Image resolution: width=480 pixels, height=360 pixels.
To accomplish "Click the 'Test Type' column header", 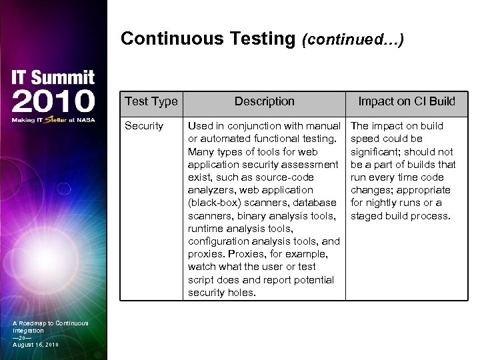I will click(151, 101).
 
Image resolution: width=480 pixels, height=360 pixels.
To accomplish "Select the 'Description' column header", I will click(264, 101).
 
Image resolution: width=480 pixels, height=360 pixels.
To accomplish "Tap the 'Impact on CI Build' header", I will click(407, 101).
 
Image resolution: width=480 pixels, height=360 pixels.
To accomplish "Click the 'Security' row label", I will click(144, 126).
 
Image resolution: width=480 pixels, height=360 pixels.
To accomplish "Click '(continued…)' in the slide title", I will click(353, 40).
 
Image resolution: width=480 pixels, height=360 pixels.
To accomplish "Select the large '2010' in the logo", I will click(53, 101).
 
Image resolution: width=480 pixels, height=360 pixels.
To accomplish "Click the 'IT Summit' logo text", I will click(53, 78).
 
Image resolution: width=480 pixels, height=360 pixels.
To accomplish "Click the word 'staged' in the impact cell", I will click(367, 216).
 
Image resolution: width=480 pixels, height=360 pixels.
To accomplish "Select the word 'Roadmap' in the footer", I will click(37, 323).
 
